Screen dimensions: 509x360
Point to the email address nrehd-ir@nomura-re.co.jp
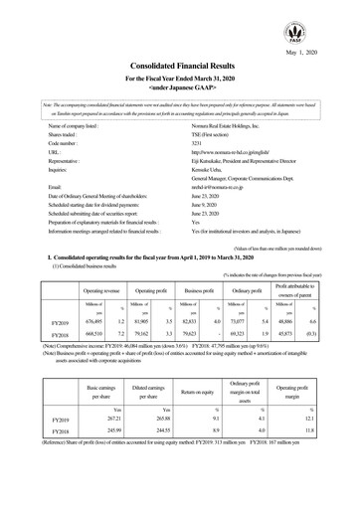(x=223, y=186)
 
